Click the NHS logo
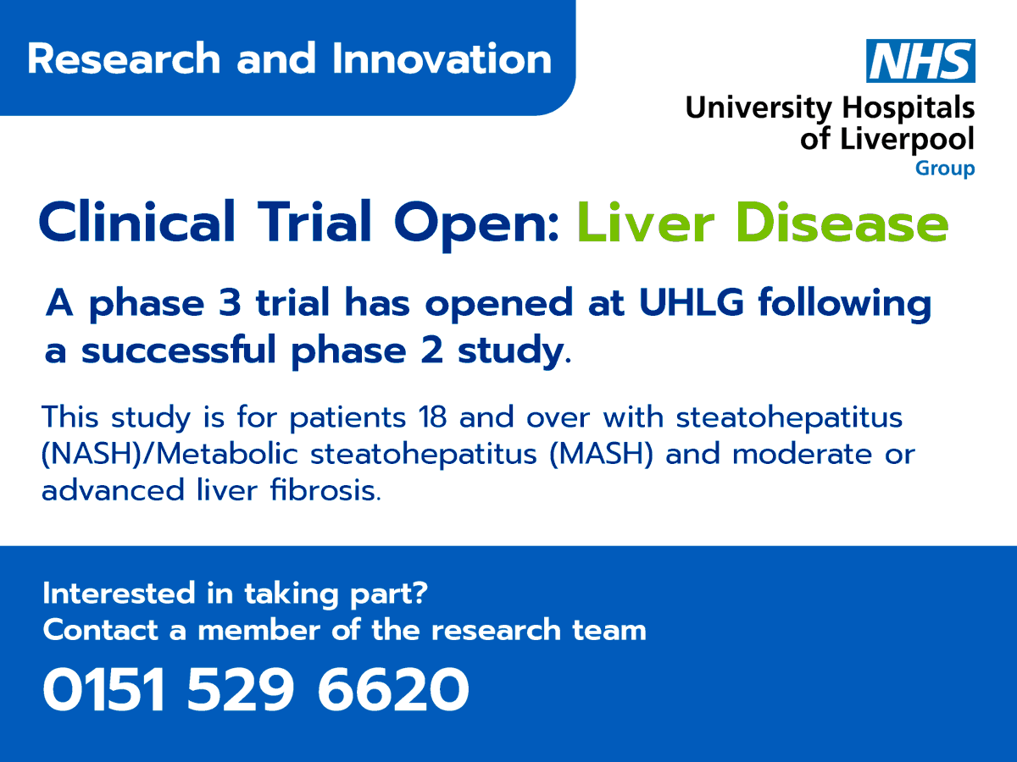[x=920, y=61]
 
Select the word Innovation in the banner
[x=442, y=59]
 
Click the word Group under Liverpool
[x=944, y=168]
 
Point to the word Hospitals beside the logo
[x=908, y=108]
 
